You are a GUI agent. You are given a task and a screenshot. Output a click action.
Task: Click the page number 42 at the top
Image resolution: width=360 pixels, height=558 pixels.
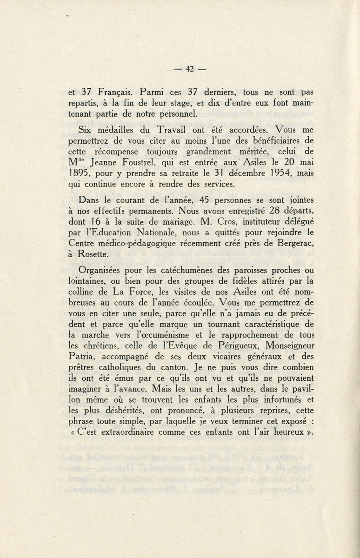click(x=189, y=69)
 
